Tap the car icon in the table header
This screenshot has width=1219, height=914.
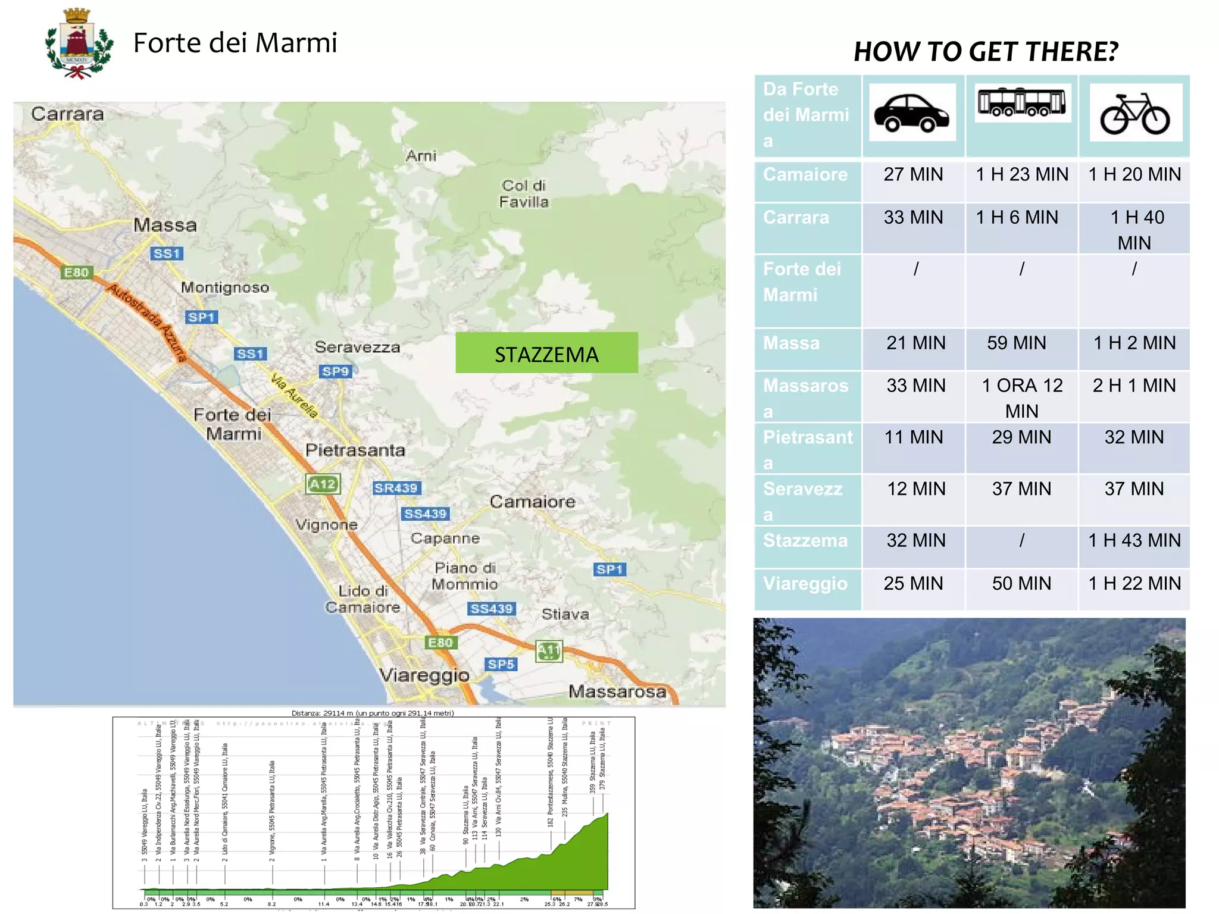911,112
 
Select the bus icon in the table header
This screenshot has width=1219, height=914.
1021,103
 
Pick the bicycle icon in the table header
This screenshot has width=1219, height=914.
1135,113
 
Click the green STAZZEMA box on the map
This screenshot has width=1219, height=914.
546,353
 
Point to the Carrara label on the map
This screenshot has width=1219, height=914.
67,114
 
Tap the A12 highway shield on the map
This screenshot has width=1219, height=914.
323,484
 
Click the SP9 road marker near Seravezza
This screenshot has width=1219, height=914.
336,371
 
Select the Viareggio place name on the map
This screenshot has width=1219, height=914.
424,675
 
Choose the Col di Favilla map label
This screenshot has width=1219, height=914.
524,194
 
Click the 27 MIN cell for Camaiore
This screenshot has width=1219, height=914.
913,174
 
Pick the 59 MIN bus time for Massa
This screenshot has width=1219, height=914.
1016,343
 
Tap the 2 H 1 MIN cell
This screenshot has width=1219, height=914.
1134,386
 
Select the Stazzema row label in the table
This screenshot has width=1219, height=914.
805,540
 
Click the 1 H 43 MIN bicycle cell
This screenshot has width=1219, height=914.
1134,540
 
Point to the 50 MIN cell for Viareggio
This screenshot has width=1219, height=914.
1021,583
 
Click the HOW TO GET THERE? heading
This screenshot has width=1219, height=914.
986,52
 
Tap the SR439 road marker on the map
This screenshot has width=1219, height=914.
396,488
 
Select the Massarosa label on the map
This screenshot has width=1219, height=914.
617,691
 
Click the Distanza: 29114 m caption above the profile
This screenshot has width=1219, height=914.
373,713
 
